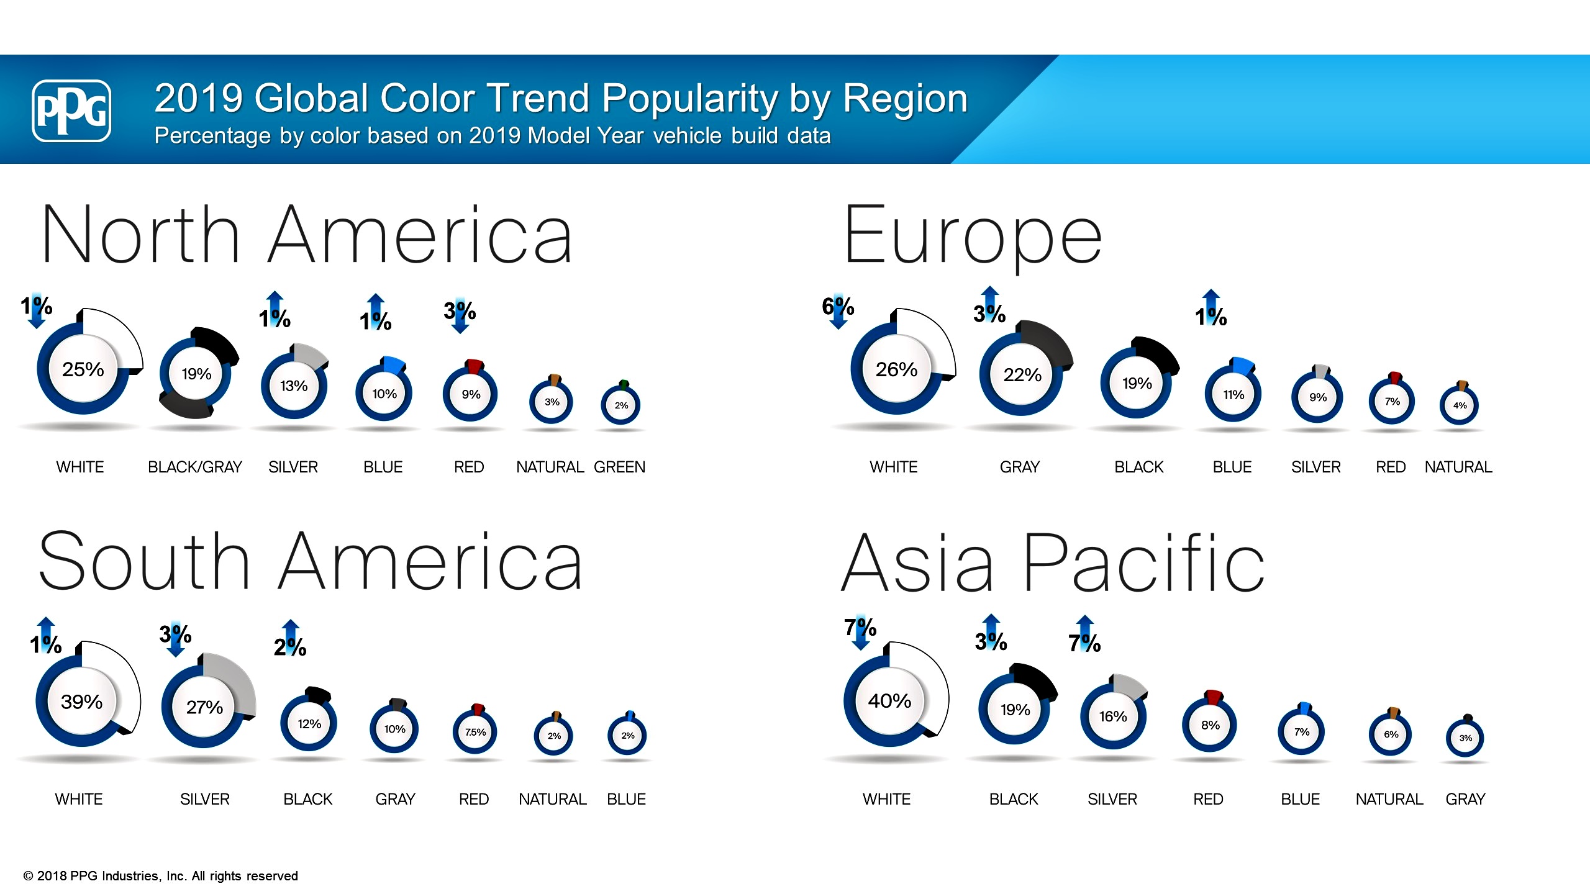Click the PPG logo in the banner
pyautogui.click(x=71, y=111)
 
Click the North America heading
pyautogui.click(x=306, y=234)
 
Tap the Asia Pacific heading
pyautogui.click(x=1053, y=562)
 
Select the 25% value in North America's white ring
pyautogui.click(x=83, y=369)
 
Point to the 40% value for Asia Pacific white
pyautogui.click(x=889, y=701)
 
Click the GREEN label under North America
pyautogui.click(x=619, y=467)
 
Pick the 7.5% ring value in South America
pyautogui.click(x=475, y=732)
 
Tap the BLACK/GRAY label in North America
pyautogui.click(x=195, y=467)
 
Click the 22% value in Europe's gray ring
pyautogui.click(x=1022, y=374)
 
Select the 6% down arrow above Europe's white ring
pyautogui.click(x=838, y=310)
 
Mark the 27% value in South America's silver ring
pyautogui.click(x=204, y=707)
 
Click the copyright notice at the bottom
pyautogui.click(x=160, y=875)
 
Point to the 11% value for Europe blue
pyautogui.click(x=1233, y=395)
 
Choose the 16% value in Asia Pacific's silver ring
pyautogui.click(x=1112, y=716)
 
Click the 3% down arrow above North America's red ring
pyautogui.click(x=460, y=315)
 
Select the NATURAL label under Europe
pyautogui.click(x=1458, y=467)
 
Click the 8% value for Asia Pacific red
pyautogui.click(x=1210, y=725)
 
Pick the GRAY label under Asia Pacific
pyautogui.click(x=1465, y=799)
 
